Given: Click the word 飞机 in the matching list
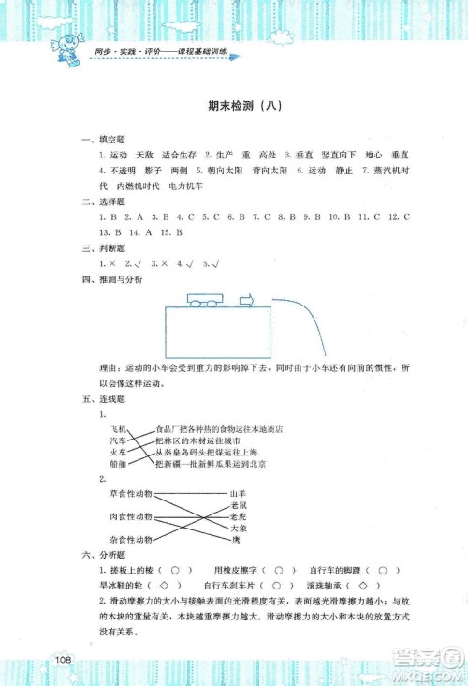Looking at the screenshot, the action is pos(118,428).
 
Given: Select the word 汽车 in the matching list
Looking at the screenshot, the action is pos(118,440).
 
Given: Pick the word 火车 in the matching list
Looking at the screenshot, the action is pos(118,452).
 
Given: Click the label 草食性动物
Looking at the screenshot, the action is pos(131,493).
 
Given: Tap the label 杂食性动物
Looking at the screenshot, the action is pos(131,540).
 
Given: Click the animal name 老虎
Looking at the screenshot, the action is pos(240,516).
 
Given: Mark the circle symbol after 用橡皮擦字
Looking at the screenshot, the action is pos(278,570).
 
